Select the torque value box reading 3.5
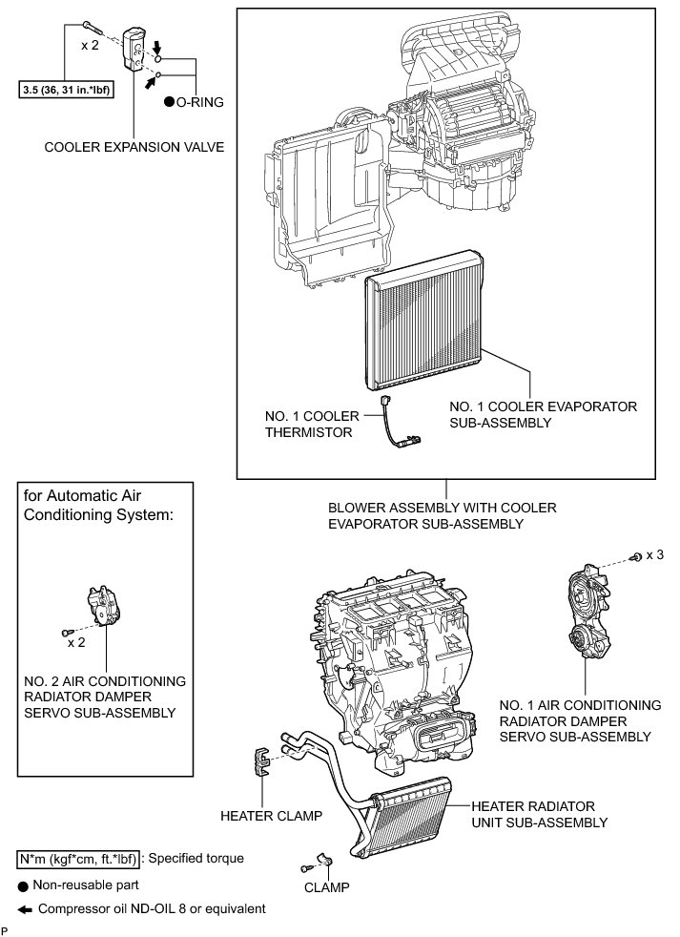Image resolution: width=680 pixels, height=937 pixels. pyautogui.click(x=64, y=92)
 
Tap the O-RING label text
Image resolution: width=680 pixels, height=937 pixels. pyautogui.click(x=198, y=101)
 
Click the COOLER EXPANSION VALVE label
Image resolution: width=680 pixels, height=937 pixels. pyautogui.click(x=134, y=147)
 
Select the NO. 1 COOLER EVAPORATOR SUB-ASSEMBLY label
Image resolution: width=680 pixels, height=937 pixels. pyautogui.click(x=542, y=414)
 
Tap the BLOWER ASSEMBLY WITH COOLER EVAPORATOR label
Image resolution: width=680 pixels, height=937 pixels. pyautogui.click(x=442, y=515)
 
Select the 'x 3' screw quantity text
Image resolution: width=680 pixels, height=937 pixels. pyautogui.click(x=656, y=555)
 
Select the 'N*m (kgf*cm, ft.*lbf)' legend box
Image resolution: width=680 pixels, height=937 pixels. pyautogui.click(x=78, y=858)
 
